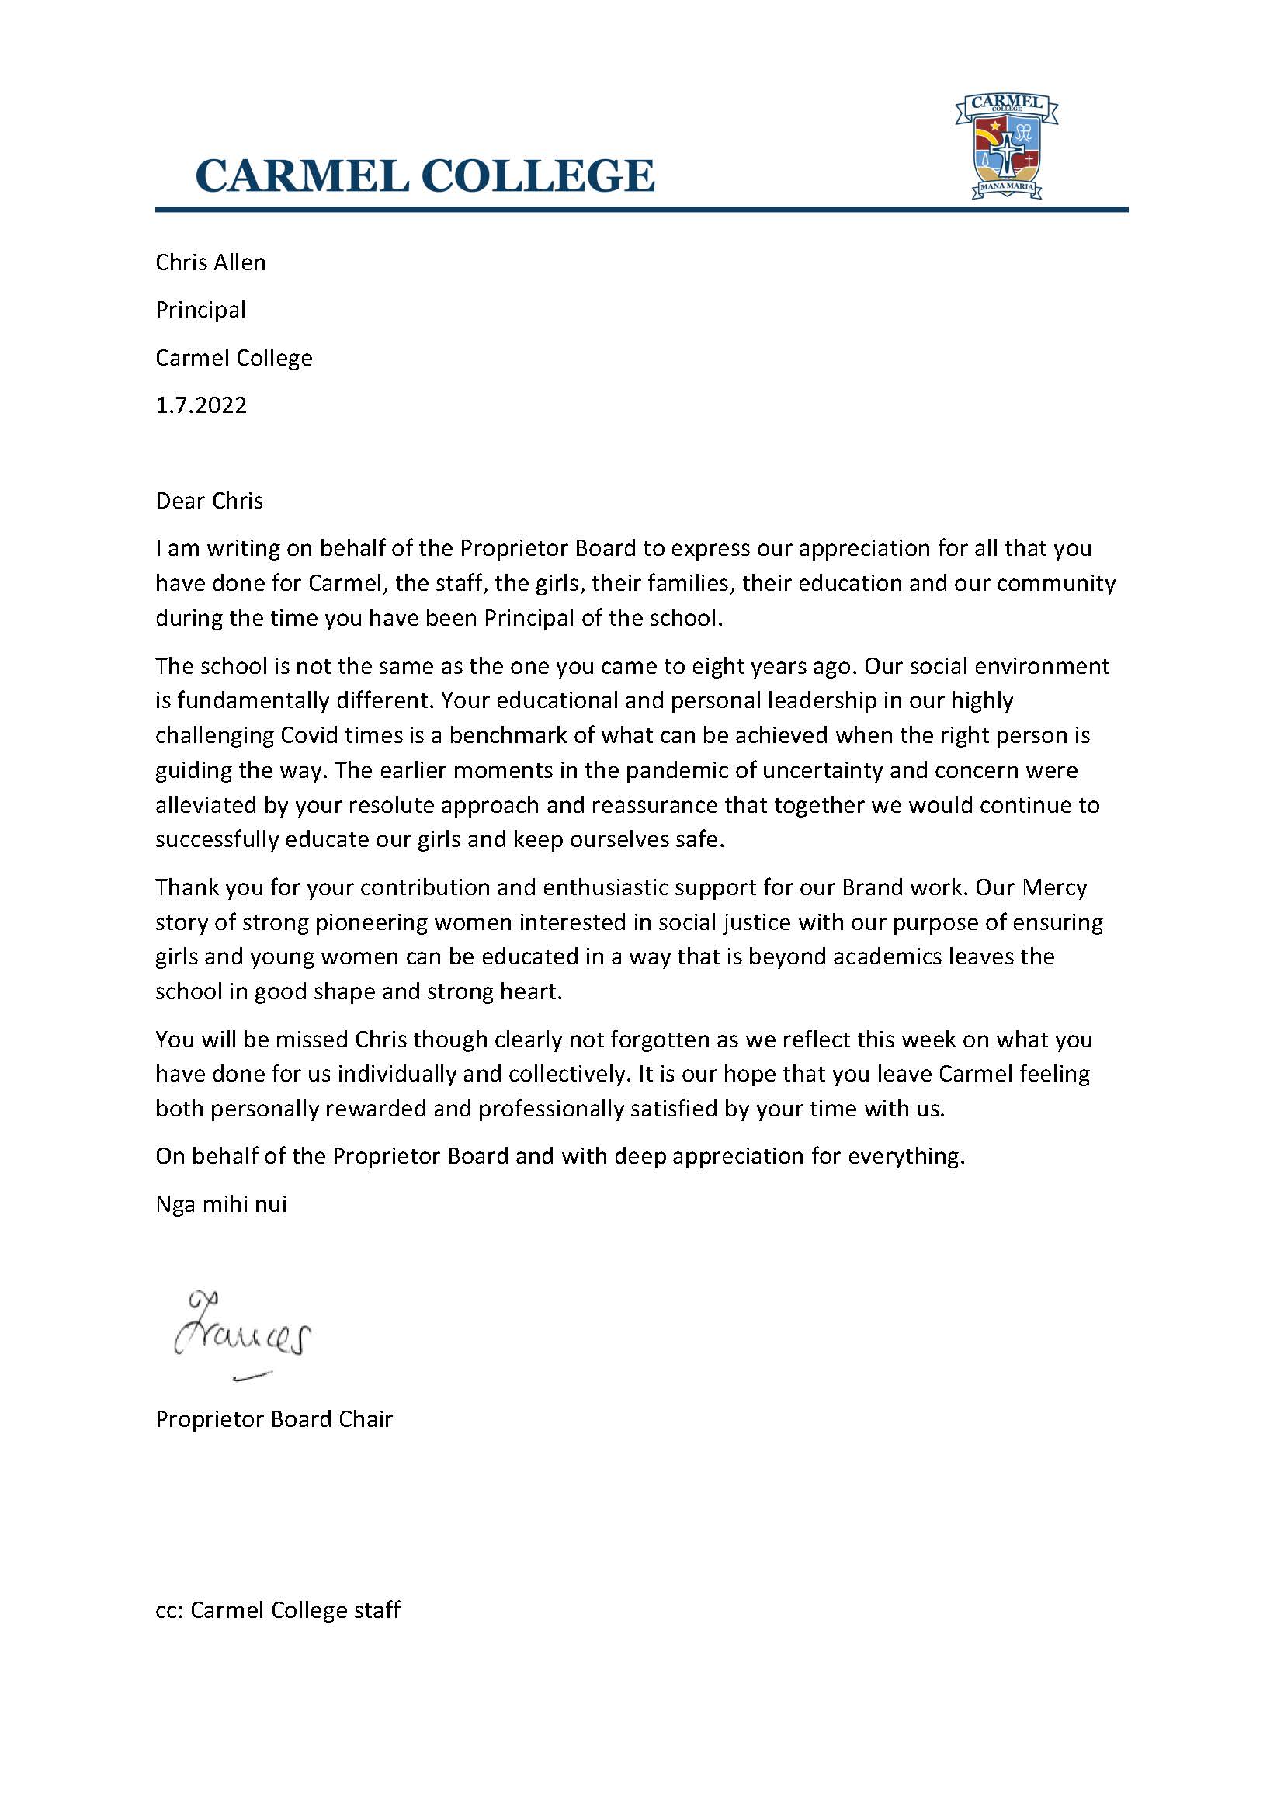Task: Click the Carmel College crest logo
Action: click(1007, 146)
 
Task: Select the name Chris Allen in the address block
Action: click(210, 262)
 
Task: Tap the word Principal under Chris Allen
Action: click(200, 310)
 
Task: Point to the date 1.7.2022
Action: click(201, 406)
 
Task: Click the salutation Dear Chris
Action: click(210, 501)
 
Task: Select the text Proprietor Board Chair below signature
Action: click(273, 1419)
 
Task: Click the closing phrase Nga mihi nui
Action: click(220, 1205)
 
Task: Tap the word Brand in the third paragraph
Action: click(870, 887)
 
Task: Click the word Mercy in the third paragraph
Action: click(1055, 887)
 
